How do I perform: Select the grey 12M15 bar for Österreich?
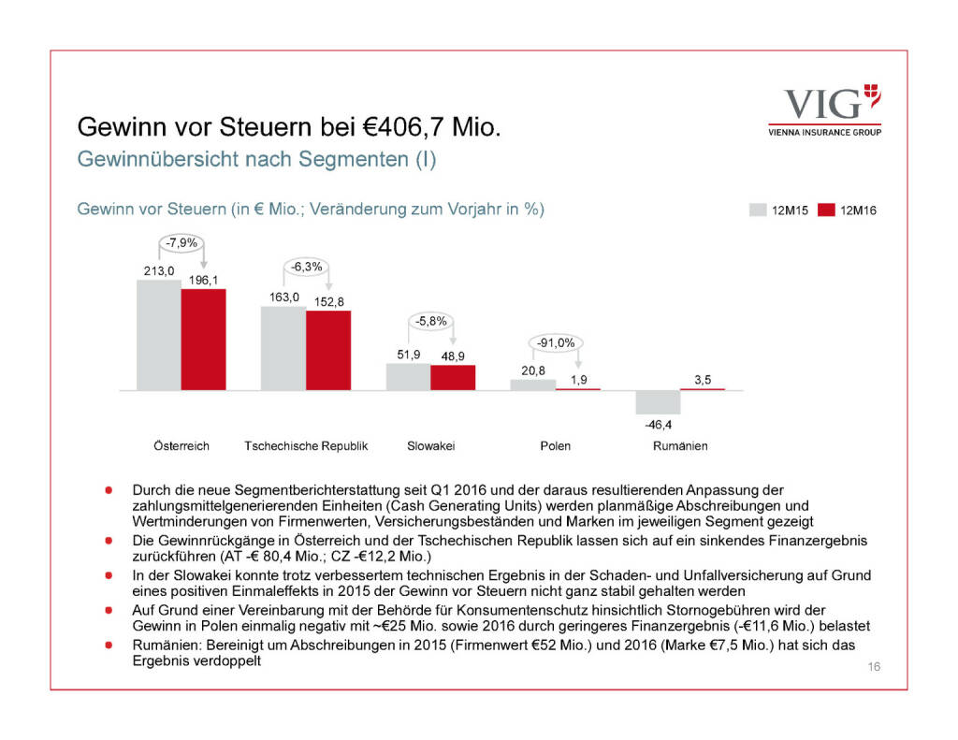coord(159,334)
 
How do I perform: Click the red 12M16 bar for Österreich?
coord(203,339)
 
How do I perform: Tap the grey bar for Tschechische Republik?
coord(283,347)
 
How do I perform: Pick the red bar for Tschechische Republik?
coord(327,350)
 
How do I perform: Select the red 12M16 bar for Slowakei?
coord(453,377)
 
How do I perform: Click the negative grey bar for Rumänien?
coord(658,401)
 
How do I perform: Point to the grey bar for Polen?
coord(532,384)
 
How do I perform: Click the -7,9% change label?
coord(181,244)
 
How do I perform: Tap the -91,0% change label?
coord(556,342)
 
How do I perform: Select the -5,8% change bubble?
coord(431,320)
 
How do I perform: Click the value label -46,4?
coord(658,425)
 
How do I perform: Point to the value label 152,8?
coord(328,301)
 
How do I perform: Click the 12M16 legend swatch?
coord(825,210)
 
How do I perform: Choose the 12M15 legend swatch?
coord(758,210)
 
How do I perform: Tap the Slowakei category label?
coord(431,446)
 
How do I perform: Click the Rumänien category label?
coord(680,446)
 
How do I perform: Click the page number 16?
coord(875,666)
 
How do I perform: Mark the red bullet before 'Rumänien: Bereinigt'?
coord(109,646)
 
